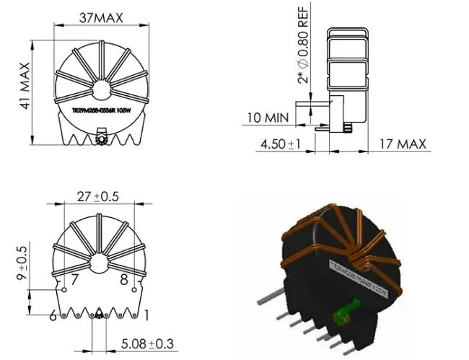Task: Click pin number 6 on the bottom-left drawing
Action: point(53,315)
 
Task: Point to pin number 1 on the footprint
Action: point(146,315)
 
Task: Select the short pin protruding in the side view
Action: point(349,128)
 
